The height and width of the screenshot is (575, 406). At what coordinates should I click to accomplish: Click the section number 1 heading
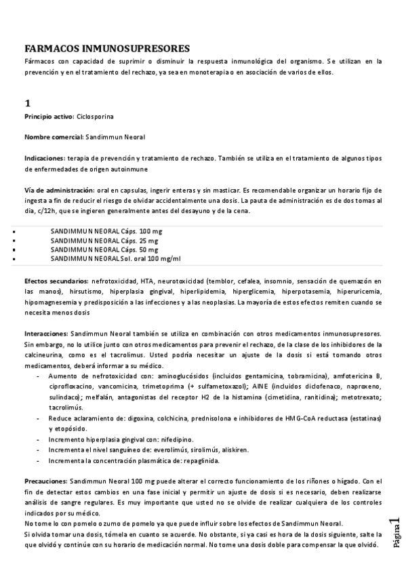28,103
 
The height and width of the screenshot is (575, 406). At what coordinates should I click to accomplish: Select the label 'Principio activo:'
49,118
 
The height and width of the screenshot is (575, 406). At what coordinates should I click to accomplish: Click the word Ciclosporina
96,118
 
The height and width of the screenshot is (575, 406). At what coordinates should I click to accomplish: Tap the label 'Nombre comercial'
53,138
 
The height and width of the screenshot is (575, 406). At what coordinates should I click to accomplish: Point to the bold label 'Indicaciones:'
45,158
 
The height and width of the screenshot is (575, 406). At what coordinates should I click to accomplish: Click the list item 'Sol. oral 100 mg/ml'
115,258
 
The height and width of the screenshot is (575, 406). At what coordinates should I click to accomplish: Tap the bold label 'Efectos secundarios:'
56,281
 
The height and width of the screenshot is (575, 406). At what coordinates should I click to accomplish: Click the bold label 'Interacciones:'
45,334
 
